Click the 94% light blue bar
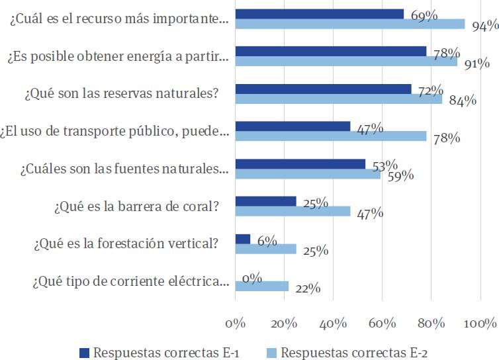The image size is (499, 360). pyautogui.click(x=350, y=24)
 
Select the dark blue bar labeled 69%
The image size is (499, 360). pyautogui.click(x=320, y=14)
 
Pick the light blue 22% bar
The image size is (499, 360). pyautogui.click(x=262, y=286)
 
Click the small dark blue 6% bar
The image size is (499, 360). pyautogui.click(x=243, y=239)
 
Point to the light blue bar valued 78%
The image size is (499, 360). pyautogui.click(x=331, y=136)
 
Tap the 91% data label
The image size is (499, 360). pyautogui.click(x=476, y=64)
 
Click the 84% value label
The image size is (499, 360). pyautogui.click(x=463, y=101)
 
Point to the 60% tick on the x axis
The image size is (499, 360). pyautogui.click(x=383, y=324)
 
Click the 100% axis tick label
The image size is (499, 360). pyautogui.click(x=480, y=324)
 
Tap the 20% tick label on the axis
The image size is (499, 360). pyautogui.click(x=284, y=324)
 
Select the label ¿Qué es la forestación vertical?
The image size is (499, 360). pyautogui.click(x=125, y=244)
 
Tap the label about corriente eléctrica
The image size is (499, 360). pyautogui.click(x=130, y=281)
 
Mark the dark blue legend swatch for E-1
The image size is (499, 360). pyautogui.click(x=83, y=351)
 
